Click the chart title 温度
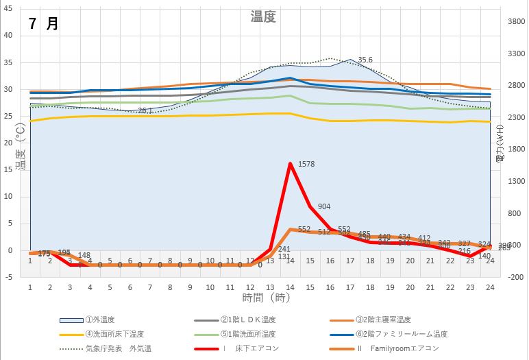tap(263, 17)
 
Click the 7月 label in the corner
tap(43, 23)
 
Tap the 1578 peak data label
tap(306, 164)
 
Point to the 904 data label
tap(324, 206)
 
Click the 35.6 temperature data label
tap(365, 60)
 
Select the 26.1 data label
tap(145, 110)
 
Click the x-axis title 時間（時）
tap(266, 298)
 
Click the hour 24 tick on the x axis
tap(489, 287)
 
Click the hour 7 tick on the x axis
tap(150, 287)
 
